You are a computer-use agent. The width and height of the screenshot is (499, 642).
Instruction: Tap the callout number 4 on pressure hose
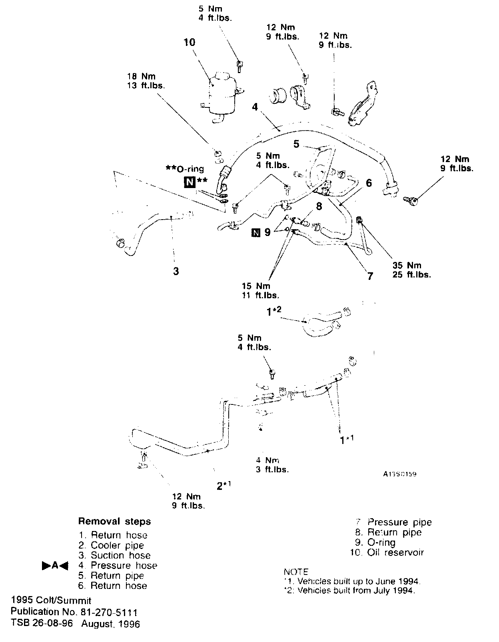pos(255,107)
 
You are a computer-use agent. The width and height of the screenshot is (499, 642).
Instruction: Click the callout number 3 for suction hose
pos(176,271)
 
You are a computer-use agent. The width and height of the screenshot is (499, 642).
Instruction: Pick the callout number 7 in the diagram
pos(370,276)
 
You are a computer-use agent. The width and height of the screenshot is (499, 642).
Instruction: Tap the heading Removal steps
pos(114,521)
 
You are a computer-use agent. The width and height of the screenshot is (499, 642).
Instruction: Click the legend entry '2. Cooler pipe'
pos(111,545)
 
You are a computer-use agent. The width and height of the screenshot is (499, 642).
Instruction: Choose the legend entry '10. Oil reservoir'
pos(387,553)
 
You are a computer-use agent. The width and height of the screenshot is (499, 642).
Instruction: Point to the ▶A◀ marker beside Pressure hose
pos(55,566)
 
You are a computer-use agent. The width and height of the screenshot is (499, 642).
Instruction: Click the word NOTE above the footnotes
pos(296,572)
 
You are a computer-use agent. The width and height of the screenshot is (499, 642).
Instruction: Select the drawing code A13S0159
pos(399,474)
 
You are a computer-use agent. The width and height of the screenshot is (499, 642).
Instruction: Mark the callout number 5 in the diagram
pos(296,144)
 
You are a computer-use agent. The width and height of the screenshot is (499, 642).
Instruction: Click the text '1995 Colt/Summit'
pos(51,600)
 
